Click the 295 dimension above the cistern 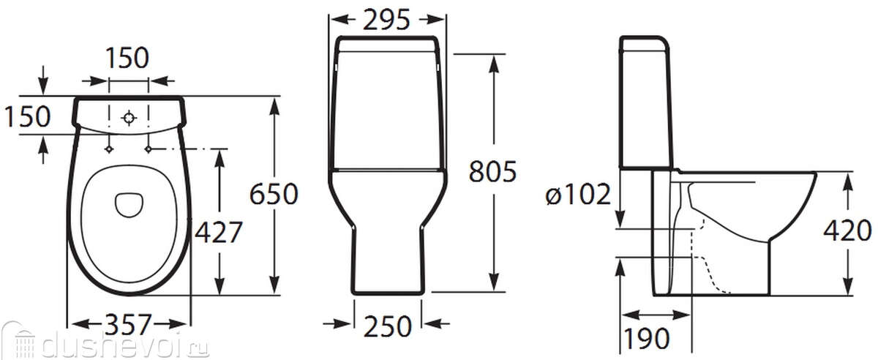pos(386,20)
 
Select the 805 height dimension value pos(492,172)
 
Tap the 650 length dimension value pos(274,194)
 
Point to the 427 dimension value pos(219,232)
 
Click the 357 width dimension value pos(129,324)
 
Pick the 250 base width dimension pos(387,326)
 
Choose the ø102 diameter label pos(578,194)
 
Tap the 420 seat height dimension pos(847,230)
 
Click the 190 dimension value pos(646,339)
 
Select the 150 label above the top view pos(127,58)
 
